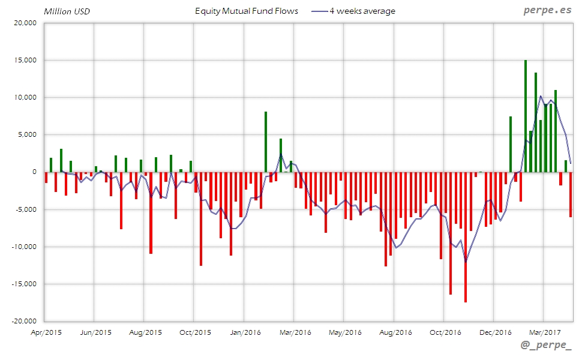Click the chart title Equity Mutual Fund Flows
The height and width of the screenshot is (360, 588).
coord(247,11)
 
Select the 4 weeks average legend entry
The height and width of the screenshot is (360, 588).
coord(362,11)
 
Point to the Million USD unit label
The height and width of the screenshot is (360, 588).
coord(67,11)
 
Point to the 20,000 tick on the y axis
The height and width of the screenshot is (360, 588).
coord(25,23)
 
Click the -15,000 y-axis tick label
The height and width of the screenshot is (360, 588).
coord(24,284)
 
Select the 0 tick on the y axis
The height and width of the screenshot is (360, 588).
coord(35,172)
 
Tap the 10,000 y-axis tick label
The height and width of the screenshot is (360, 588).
coord(25,97)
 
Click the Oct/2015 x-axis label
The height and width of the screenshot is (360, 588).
coord(195,331)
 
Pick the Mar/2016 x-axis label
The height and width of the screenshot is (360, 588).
coord(295,331)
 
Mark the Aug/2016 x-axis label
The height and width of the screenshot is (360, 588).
coord(395,331)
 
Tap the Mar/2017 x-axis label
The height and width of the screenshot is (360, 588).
coord(544,331)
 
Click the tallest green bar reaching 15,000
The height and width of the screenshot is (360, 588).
coord(526,116)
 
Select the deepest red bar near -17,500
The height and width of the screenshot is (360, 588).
coord(466,237)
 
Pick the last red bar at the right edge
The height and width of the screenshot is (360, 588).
coord(571,194)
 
